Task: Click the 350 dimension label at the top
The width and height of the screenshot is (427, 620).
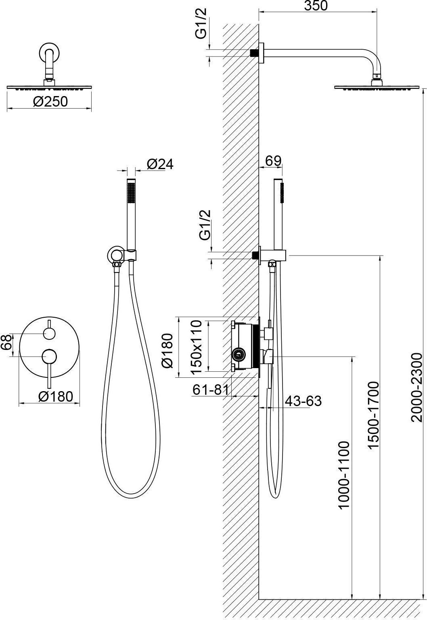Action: (316, 6)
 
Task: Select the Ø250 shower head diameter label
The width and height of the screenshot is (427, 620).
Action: (50, 102)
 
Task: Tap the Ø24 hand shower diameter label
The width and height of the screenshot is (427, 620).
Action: (160, 164)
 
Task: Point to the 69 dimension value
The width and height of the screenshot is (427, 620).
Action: (273, 161)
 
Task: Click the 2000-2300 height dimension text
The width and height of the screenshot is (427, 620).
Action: (416, 387)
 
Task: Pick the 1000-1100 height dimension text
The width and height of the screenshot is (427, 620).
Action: (344, 475)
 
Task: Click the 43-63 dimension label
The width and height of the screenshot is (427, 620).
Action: (303, 401)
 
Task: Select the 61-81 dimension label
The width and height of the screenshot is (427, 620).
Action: (211, 390)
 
